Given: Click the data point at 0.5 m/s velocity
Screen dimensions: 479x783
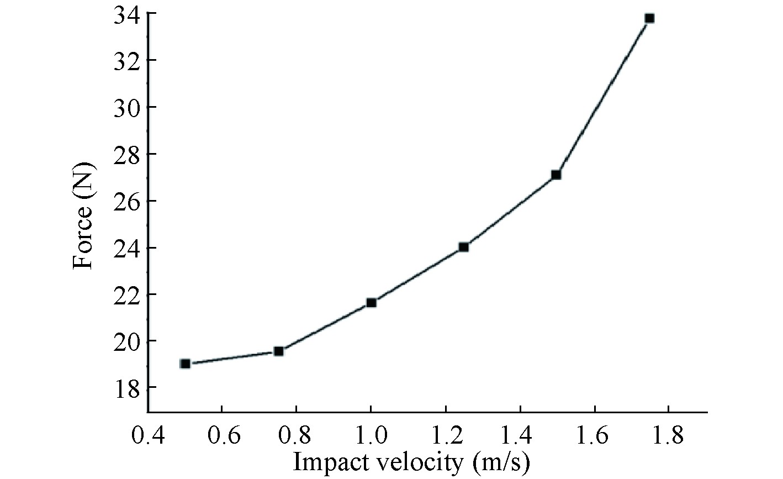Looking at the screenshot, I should click(x=186, y=364).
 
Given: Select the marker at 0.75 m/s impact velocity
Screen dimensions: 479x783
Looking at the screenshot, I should click(x=279, y=351).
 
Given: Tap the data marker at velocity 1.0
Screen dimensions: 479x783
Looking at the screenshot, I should click(x=372, y=302).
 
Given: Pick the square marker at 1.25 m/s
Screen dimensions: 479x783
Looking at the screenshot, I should click(x=464, y=247).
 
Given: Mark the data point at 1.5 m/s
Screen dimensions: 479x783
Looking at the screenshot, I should click(x=556, y=175).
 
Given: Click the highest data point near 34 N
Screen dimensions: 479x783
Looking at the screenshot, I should click(x=649, y=18).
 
